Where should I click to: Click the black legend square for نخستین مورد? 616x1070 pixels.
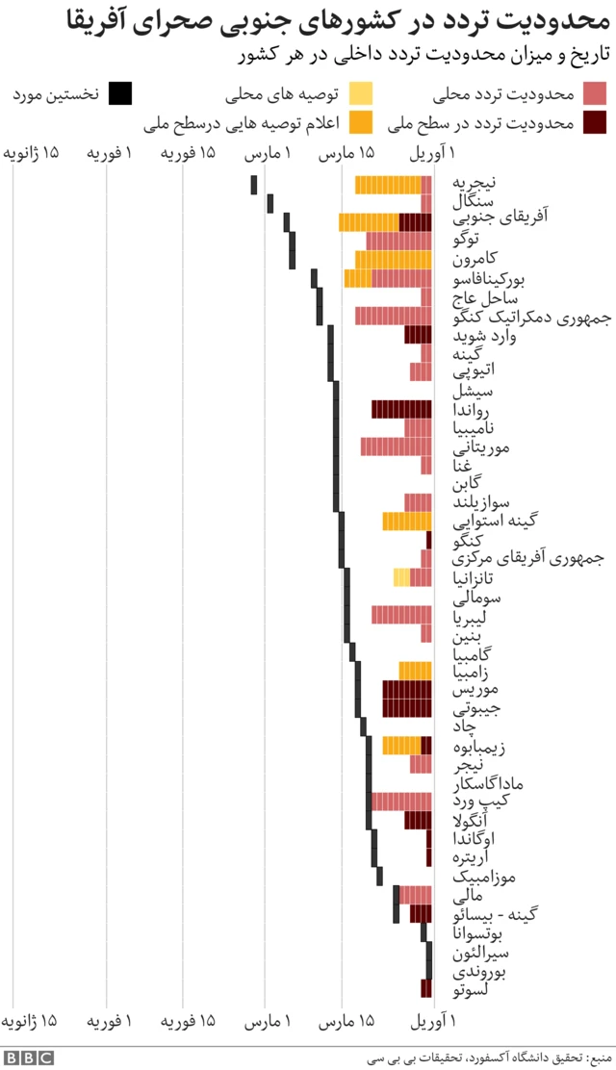tap(120, 93)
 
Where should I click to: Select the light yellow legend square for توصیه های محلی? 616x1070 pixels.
tap(361, 93)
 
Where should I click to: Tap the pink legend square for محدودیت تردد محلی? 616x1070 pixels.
tap(596, 93)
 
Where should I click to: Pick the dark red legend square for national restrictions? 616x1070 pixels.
tap(596, 122)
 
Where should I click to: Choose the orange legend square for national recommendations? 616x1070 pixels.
tap(361, 122)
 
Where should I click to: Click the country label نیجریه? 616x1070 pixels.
tap(475, 183)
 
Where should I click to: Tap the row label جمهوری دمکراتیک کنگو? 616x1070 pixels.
tap(525, 317)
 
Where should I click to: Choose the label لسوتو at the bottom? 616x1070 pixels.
tap(471, 988)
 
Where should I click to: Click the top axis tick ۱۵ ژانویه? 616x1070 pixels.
tap(31, 154)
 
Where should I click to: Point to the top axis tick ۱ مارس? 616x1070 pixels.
tap(267, 154)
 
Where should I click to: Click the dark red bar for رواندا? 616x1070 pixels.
tap(401, 409)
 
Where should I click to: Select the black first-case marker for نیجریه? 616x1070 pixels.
tap(254, 185)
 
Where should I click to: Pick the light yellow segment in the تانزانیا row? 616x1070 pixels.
tap(401, 577)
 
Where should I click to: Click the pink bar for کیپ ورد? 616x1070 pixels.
tap(401, 802)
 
